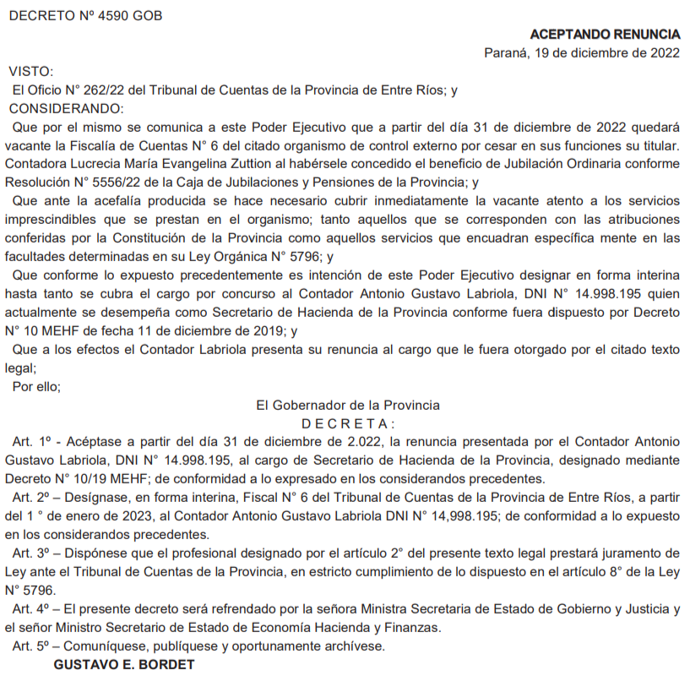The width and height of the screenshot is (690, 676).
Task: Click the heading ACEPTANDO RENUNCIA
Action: pyautogui.click(x=605, y=35)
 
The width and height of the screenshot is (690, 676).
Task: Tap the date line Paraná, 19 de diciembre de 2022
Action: pyautogui.click(x=582, y=53)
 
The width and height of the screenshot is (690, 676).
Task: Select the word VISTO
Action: pyautogui.click(x=31, y=72)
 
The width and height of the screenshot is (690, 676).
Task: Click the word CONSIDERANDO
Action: pyautogui.click(x=66, y=109)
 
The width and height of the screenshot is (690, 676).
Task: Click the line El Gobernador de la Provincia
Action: pyautogui.click(x=348, y=405)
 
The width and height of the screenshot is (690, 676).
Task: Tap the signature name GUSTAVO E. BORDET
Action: pyautogui.click(x=124, y=664)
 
